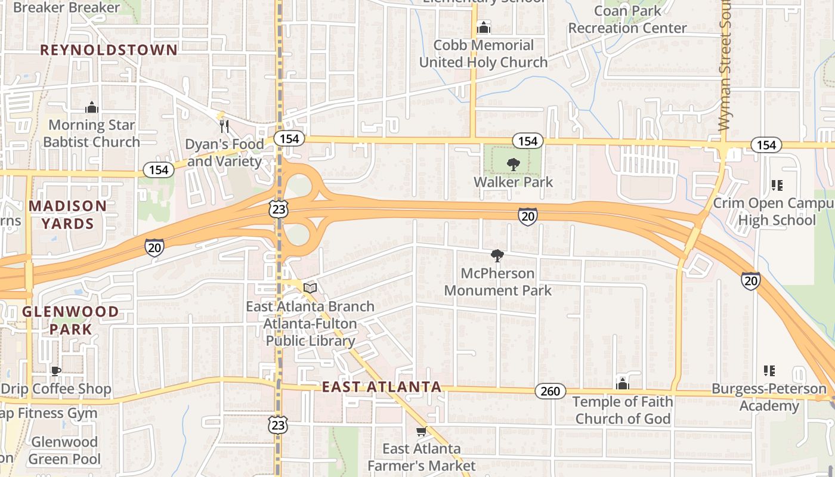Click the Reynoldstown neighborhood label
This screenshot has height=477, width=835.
109,50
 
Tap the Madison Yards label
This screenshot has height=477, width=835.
68,215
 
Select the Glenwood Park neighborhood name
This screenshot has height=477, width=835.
70,320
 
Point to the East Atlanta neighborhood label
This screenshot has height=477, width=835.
382,387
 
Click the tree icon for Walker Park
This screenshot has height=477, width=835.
513,164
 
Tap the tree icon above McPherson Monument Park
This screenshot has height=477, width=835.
497,256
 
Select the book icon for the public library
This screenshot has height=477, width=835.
310,288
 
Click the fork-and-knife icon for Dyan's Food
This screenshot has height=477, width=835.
224,126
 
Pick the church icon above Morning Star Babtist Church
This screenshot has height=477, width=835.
91,107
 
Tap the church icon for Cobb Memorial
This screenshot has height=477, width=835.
483,27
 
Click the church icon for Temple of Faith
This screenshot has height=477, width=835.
623,384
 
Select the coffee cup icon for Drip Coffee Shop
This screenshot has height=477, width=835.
55,371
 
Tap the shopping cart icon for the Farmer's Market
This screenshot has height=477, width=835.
421,431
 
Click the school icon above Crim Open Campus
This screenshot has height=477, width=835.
777,185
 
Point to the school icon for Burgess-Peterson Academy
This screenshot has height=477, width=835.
769,371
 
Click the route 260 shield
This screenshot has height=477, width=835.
550,391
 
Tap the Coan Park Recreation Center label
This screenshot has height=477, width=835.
627,20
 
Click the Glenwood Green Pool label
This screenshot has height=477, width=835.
64,451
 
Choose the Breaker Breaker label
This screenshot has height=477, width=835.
66,8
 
